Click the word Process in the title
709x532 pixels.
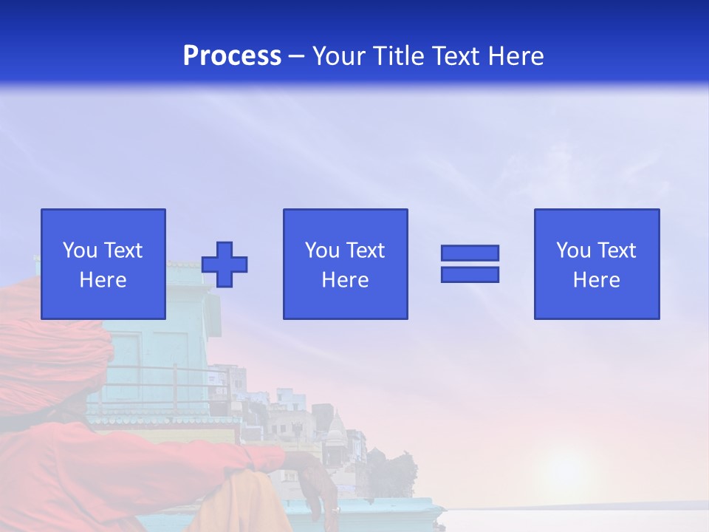232,56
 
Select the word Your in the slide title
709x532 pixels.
340,56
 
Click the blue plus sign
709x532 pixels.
225,265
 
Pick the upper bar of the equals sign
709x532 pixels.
470,253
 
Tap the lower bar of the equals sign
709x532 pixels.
470,275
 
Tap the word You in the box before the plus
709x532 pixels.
80,250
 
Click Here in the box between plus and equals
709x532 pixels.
346,280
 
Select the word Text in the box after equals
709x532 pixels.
616,250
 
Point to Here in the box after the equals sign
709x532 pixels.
597,280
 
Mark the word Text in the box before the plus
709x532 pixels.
123,250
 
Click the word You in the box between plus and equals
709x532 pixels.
322,250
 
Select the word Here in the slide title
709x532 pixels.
515,56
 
